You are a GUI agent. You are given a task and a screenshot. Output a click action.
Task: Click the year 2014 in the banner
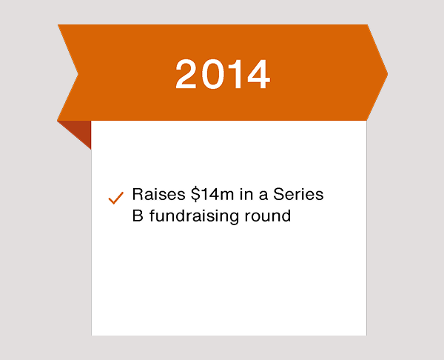tap(223, 74)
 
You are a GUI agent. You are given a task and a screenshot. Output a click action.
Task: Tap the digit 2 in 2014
tap(186, 74)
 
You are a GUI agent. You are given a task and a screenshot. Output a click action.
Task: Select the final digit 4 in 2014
tap(258, 74)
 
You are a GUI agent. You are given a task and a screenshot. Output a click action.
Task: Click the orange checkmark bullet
tap(116, 198)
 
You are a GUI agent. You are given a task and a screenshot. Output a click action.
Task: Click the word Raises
tap(159, 195)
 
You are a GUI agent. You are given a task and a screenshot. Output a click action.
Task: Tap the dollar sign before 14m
tap(195, 195)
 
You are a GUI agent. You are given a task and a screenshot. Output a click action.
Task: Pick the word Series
tap(298, 195)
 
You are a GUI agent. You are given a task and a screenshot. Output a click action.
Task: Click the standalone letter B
tap(138, 216)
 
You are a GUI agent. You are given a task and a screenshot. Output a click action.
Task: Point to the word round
tap(268, 216)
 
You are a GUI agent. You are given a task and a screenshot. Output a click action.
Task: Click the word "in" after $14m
tap(246, 195)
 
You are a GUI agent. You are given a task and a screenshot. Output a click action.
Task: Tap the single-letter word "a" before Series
tap(263, 196)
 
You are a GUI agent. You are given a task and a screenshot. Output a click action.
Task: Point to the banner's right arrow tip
tap(387, 74)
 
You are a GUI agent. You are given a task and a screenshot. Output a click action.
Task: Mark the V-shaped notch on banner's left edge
tap(78, 74)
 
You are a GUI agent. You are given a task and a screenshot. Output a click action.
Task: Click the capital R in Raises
tap(138, 195)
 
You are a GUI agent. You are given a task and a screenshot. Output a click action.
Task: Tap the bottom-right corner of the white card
tap(366, 336)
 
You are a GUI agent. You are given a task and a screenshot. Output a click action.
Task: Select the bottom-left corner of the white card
tap(92, 336)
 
